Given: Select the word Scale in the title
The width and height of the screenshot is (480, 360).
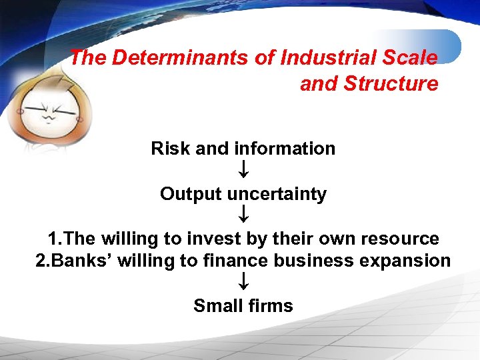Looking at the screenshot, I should click(x=409, y=58).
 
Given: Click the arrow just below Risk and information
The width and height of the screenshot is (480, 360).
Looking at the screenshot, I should click(x=243, y=171).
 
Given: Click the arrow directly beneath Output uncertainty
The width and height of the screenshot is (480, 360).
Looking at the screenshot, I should click(x=243, y=215).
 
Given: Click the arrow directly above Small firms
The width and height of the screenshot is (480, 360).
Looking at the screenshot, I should click(x=243, y=283).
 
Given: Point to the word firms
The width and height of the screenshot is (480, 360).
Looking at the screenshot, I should click(x=269, y=305).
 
